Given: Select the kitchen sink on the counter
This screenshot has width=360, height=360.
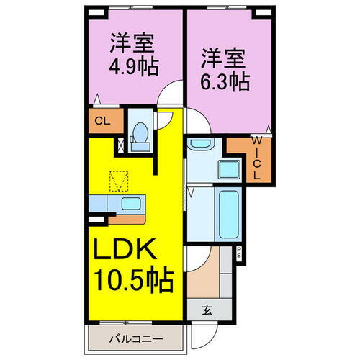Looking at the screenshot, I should coord(131,204).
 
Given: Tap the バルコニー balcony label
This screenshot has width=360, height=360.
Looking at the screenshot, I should coord(135,338).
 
